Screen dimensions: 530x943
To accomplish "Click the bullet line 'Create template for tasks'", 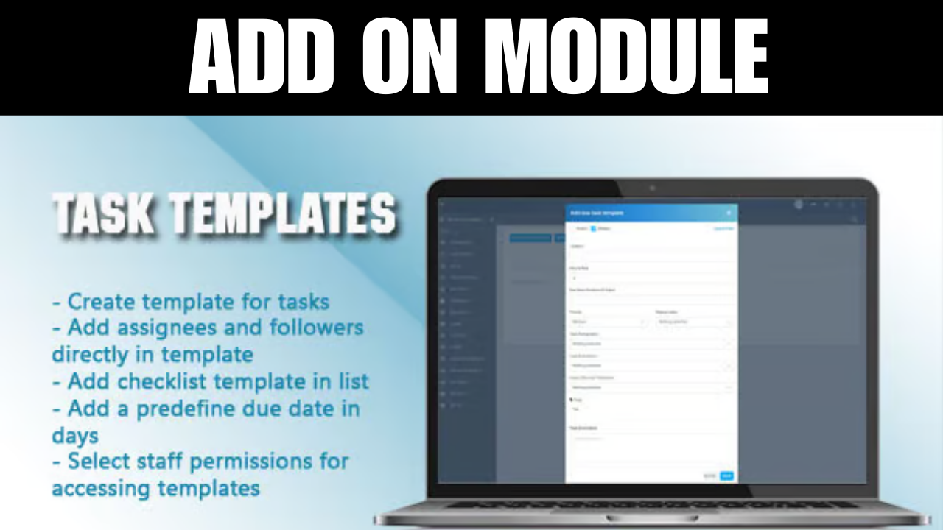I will pyautogui.click(x=191, y=302).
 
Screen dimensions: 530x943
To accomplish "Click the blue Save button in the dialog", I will pyautogui.click(x=727, y=476).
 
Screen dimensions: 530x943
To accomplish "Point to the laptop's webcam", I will pyautogui.click(x=651, y=188).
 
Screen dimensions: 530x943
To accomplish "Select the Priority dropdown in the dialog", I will pyautogui.click(x=609, y=322).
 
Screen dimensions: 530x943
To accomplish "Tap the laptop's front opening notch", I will pyautogui.click(x=651, y=518).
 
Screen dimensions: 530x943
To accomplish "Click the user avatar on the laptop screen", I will pyautogui.click(x=799, y=205).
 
